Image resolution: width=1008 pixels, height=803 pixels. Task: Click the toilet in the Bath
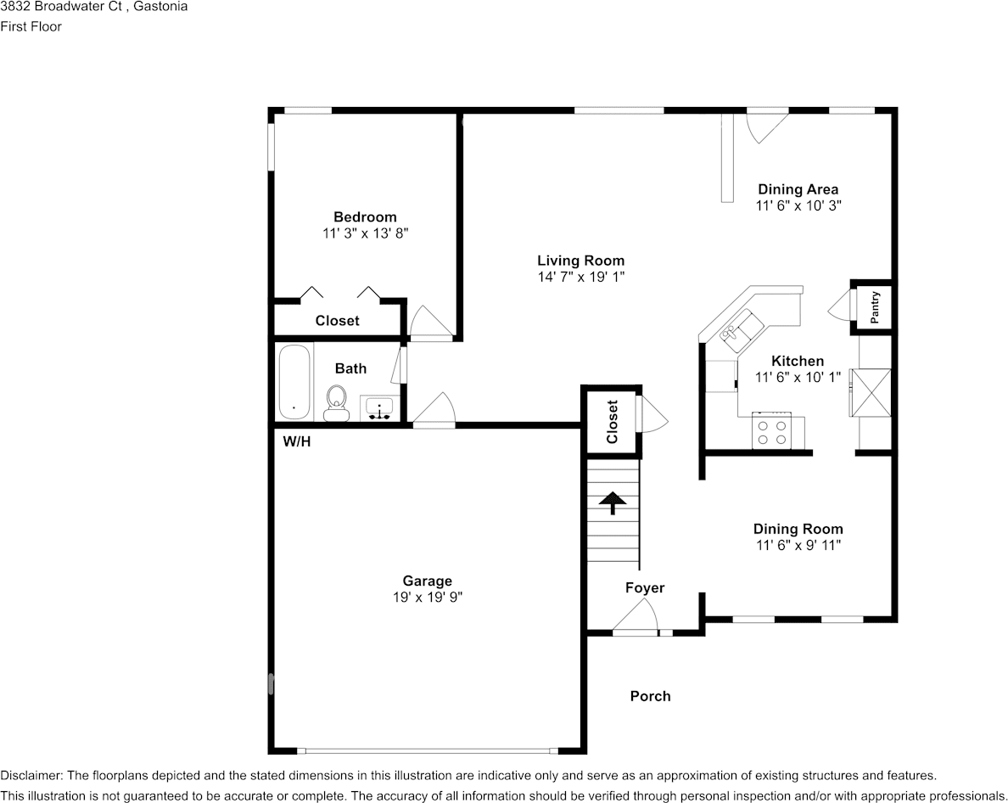[x=335, y=403]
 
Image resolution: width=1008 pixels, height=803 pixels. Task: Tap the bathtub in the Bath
[x=294, y=382]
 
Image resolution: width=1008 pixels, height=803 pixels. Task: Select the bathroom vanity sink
[x=379, y=408]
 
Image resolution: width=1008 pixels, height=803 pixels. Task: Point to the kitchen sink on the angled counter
[x=742, y=330]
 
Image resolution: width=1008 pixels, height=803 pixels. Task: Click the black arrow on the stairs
[x=612, y=503]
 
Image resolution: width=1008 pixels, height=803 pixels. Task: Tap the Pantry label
[x=874, y=307]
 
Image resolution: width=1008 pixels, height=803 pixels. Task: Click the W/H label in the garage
[x=297, y=441]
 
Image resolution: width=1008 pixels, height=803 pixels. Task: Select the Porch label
[x=650, y=696]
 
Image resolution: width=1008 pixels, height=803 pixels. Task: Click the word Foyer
[x=645, y=587]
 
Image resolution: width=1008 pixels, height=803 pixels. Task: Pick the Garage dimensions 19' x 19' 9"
[x=428, y=598]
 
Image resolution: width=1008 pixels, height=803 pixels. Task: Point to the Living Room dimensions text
[x=581, y=277]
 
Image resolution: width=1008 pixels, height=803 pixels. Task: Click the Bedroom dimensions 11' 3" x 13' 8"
[x=365, y=233]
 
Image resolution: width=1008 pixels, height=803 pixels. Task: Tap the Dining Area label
[x=798, y=189]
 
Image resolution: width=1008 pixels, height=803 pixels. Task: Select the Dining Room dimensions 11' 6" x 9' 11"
[x=798, y=545]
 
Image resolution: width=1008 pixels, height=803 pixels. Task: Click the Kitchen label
[x=798, y=361]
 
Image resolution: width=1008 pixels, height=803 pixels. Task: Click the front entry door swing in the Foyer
[x=636, y=616]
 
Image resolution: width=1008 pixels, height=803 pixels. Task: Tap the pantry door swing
[x=838, y=305]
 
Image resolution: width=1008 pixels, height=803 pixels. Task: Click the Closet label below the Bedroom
[x=337, y=320]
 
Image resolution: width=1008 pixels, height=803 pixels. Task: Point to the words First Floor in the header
[x=31, y=26]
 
